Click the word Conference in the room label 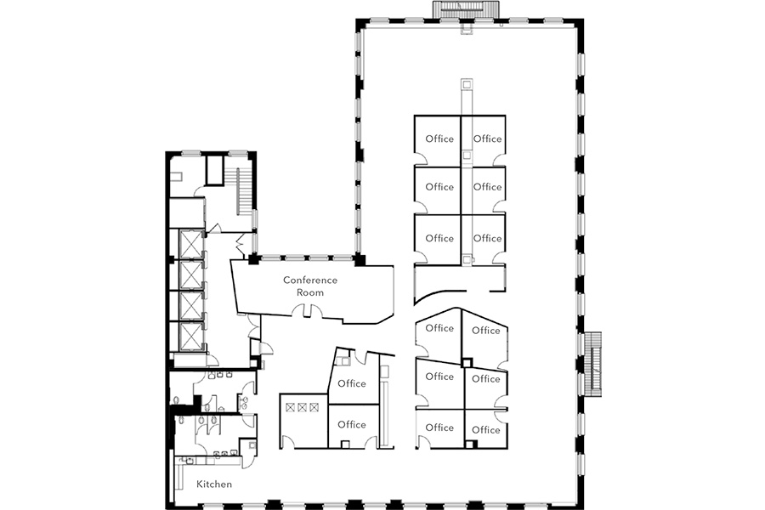tap(309, 280)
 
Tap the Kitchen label tap(214, 484)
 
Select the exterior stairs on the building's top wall tap(467, 9)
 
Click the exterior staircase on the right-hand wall tap(592, 364)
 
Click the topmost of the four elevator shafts tap(190, 244)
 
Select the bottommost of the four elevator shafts tap(190, 337)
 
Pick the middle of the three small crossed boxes tap(302, 407)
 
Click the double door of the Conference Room tap(309, 310)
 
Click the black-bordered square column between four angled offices tap(467, 363)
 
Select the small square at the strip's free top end tap(467, 84)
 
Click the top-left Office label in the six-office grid tap(439, 139)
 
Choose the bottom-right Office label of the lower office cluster tap(486, 430)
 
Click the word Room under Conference tap(309, 292)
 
